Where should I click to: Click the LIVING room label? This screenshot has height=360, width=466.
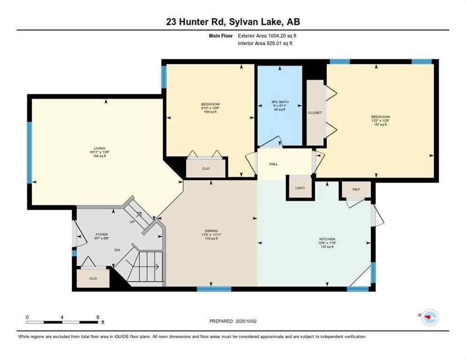(99, 148)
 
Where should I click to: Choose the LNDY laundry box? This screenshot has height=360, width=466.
(300, 188)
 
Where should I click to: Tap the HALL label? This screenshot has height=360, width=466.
(273, 164)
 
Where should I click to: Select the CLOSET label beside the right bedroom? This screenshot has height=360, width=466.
(315, 112)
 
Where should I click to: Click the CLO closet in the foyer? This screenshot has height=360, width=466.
(93, 278)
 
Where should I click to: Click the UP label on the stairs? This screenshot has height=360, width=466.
(133, 222)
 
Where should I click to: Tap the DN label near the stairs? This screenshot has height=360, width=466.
(117, 250)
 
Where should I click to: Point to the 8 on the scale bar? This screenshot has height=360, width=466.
(98, 317)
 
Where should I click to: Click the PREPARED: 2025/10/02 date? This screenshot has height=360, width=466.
(233, 321)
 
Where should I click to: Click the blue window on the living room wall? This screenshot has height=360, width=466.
(30, 152)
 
